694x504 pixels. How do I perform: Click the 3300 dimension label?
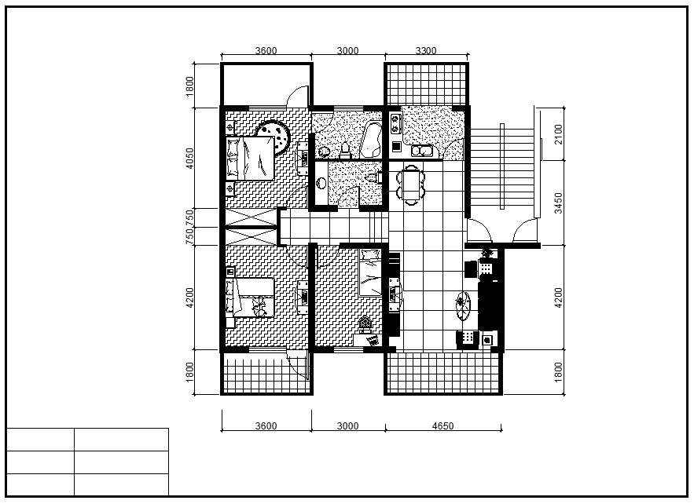click(x=426, y=50)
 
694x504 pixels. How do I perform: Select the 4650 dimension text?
click(x=442, y=425)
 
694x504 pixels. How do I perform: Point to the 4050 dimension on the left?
click(x=189, y=159)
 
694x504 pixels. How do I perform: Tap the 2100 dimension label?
click(x=558, y=134)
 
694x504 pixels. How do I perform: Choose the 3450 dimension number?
click(x=558, y=203)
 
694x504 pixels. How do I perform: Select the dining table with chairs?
click(x=411, y=184)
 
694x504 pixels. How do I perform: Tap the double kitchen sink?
click(x=422, y=152)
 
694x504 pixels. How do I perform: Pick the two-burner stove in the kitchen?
click(x=395, y=123)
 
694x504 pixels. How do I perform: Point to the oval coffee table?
click(x=462, y=305)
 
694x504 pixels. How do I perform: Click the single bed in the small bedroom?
click(x=369, y=272)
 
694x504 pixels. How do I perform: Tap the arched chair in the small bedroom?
click(x=365, y=325)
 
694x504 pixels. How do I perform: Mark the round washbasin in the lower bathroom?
click(x=321, y=182)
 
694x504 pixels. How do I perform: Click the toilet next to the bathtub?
click(x=345, y=150)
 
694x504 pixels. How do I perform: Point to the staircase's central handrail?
click(x=502, y=166)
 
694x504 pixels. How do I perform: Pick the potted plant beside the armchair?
click(x=487, y=253)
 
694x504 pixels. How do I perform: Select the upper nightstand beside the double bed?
click(x=230, y=127)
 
